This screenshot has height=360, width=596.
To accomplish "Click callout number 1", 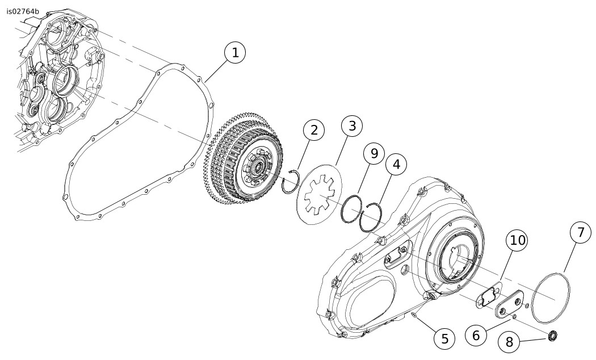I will pyautogui.click(x=235, y=53).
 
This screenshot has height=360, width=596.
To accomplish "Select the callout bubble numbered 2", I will pyautogui.click(x=313, y=131).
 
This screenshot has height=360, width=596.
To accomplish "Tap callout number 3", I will pyautogui.click(x=352, y=125).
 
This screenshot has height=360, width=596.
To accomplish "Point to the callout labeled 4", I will pyautogui.click(x=396, y=165).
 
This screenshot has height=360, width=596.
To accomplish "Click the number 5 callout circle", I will pyautogui.click(x=444, y=338).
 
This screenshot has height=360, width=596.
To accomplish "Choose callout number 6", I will pyautogui.click(x=476, y=335).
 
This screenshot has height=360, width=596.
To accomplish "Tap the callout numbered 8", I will pyautogui.click(x=509, y=342).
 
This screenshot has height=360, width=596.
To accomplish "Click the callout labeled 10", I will pyautogui.click(x=517, y=241).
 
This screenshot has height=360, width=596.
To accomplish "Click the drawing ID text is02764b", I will pyautogui.click(x=23, y=11).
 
